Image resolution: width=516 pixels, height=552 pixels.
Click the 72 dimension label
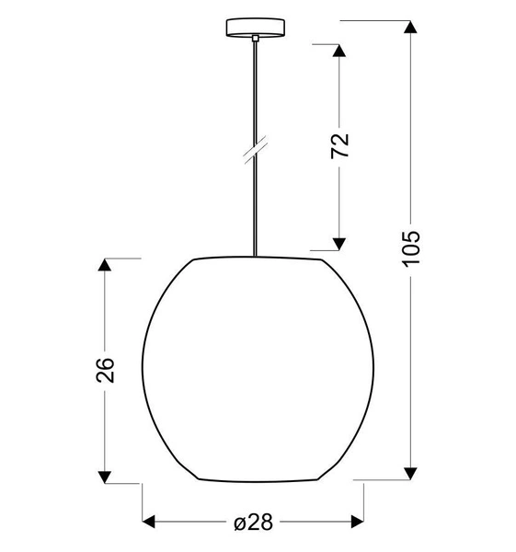(340, 146)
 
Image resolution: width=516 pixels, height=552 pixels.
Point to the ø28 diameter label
(253, 523)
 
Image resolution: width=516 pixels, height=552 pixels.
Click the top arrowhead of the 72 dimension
(340, 53)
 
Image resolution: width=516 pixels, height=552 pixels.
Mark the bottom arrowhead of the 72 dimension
(340, 242)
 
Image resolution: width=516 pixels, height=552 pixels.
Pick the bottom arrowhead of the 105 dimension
(411, 473)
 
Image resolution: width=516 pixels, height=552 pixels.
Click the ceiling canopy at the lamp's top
(253, 28)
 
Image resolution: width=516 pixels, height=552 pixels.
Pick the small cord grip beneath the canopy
(253, 38)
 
